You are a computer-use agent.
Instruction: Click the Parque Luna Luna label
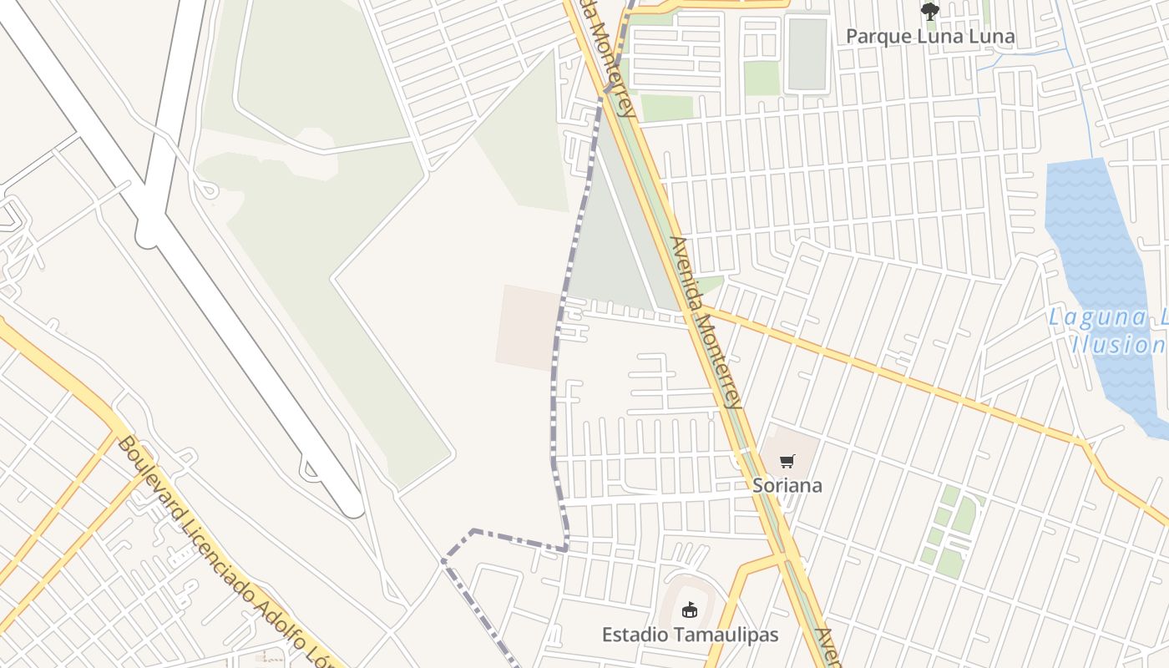pyautogui.click(x=930, y=36)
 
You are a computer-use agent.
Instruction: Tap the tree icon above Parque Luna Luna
pyautogui.click(x=929, y=12)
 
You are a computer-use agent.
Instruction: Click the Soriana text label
pyautogui.click(x=787, y=485)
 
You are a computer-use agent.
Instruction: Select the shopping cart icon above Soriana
pyautogui.click(x=787, y=461)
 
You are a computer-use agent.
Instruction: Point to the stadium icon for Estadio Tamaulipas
pyautogui.click(x=689, y=610)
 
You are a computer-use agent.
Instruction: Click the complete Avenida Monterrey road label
pyautogui.click(x=706, y=322)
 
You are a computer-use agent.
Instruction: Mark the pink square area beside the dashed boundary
pyautogui.click(x=529, y=326)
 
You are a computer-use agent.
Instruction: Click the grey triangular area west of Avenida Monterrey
pyautogui.click(x=614, y=250)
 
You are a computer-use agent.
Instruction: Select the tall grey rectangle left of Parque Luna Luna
pyautogui.click(x=807, y=53)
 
